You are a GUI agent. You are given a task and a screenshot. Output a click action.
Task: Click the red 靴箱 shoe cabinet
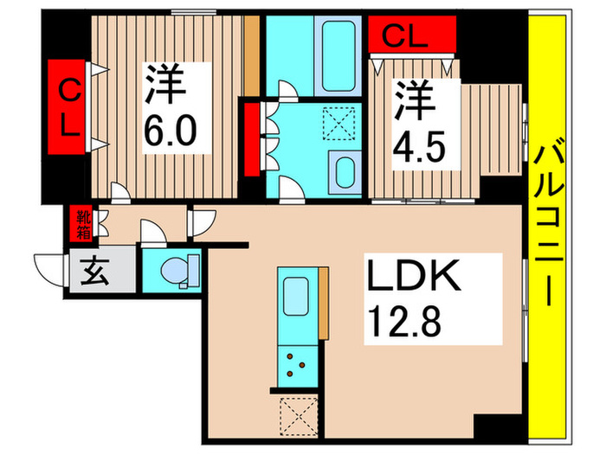pos(83,225)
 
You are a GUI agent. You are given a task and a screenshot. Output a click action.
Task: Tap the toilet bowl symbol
pos(177,270)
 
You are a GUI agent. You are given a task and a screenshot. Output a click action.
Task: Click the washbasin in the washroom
pos(345,172)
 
